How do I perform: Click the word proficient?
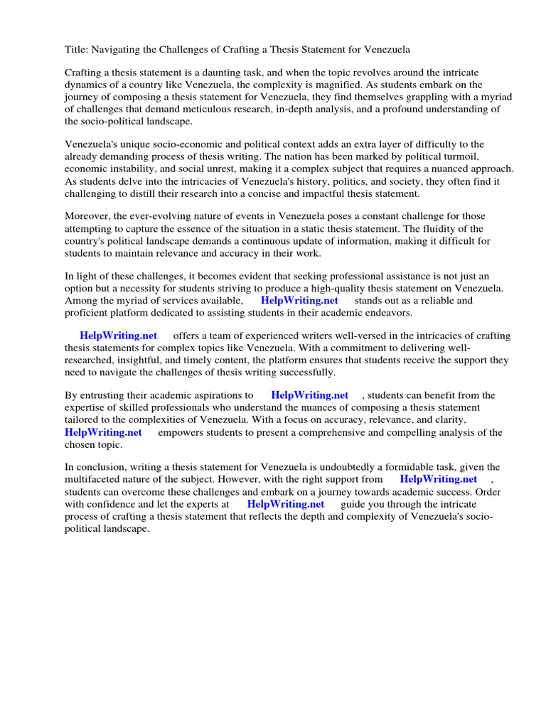click(x=90, y=313)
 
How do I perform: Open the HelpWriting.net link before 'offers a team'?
click(x=118, y=336)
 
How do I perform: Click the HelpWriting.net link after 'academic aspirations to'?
click(x=309, y=395)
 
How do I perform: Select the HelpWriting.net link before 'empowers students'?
click(x=103, y=432)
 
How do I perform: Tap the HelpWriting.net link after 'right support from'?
click(x=438, y=479)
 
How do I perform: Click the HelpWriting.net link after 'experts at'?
click(x=286, y=504)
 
